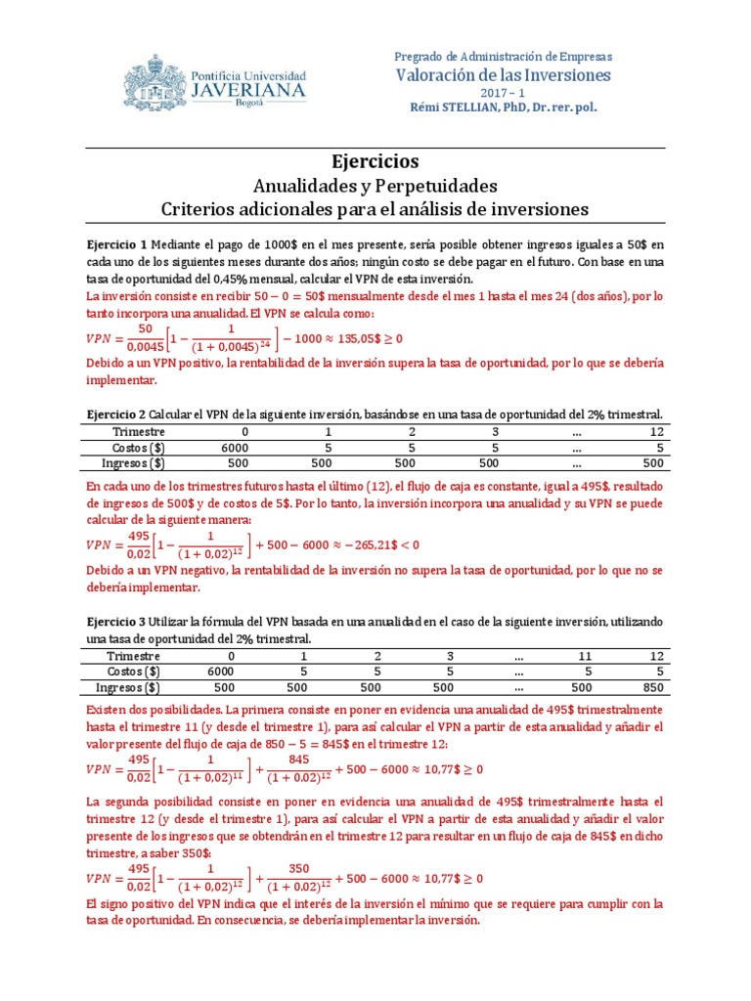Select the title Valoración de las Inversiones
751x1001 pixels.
click(x=503, y=75)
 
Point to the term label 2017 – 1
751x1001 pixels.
click(x=503, y=92)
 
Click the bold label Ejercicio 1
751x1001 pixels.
click(x=116, y=243)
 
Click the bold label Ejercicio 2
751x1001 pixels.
click(x=116, y=413)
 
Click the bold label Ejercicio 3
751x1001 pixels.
click(x=116, y=621)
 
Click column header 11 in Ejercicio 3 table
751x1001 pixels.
click(x=585, y=656)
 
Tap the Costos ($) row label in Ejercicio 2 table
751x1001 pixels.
click(x=139, y=447)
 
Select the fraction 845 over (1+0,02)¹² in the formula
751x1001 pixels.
click(x=296, y=768)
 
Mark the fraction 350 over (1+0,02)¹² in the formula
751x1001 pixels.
click(x=296, y=878)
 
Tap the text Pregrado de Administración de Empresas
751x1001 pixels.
click(x=503, y=57)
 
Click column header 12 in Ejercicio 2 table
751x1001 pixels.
click(x=656, y=431)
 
